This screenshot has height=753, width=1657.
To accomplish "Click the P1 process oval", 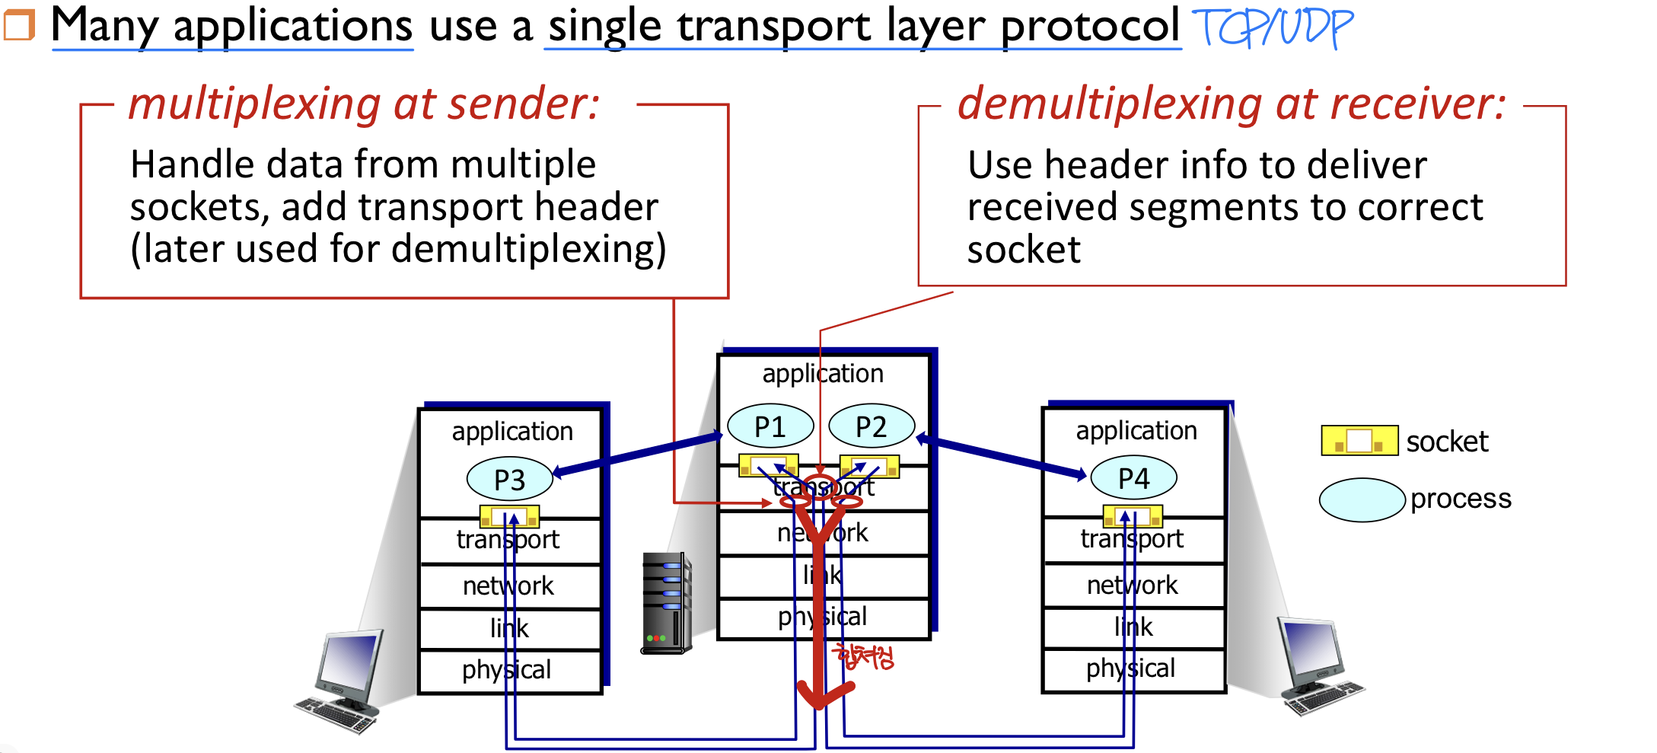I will (x=770, y=426).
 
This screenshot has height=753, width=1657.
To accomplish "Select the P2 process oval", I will (x=871, y=426).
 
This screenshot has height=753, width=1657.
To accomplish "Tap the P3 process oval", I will (x=509, y=479).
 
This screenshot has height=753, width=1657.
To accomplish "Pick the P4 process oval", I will (x=1133, y=477).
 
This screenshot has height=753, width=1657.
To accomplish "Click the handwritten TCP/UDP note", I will (x=1272, y=28).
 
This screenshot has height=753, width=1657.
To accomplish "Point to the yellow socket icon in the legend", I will (x=1359, y=440).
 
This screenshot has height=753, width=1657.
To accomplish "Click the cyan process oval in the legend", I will (x=1362, y=499).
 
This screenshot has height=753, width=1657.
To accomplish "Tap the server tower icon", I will (x=667, y=603).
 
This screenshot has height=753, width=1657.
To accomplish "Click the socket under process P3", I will (x=509, y=517).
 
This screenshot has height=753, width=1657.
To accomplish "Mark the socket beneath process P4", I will (x=1133, y=516).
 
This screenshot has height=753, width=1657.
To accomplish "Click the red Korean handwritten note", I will (x=865, y=656).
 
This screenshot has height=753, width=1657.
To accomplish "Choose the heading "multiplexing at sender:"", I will (x=364, y=104).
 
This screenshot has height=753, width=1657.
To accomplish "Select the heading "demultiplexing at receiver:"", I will (x=1231, y=104).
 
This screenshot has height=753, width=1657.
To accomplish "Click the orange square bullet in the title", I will (x=19, y=24).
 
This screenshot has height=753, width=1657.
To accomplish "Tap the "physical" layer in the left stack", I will (x=507, y=670).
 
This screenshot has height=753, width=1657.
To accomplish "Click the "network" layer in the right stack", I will (x=1132, y=585).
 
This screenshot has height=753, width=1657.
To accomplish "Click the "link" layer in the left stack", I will (x=508, y=628).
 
